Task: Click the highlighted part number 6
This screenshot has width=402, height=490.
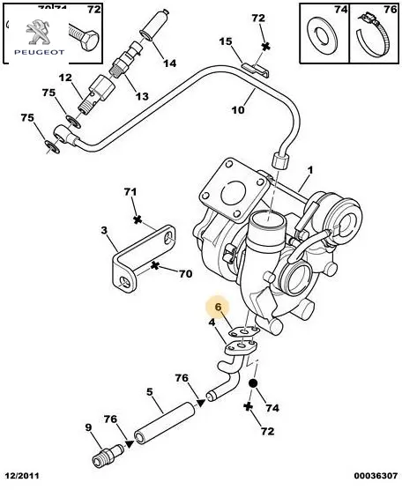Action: [x=218, y=307]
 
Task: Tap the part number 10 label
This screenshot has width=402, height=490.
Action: [x=238, y=110]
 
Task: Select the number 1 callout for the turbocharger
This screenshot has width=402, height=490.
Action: [x=310, y=170]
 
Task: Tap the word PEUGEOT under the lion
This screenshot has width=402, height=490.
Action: [x=40, y=52]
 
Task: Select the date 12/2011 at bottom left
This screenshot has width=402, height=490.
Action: [x=19, y=476]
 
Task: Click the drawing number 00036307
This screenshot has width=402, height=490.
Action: [x=376, y=476]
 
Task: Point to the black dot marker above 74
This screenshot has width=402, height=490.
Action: [x=253, y=383]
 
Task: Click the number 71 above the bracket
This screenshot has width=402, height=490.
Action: [x=130, y=191]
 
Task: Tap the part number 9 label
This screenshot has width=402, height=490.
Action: [x=88, y=427]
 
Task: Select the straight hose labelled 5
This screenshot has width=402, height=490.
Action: [x=165, y=424]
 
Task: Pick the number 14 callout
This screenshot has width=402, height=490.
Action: [x=170, y=63]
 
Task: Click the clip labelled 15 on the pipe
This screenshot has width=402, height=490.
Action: [x=256, y=70]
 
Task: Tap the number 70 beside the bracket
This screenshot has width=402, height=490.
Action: [x=185, y=274]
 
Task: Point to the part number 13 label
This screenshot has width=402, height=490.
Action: [x=142, y=96]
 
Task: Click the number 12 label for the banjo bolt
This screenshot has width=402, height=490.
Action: [x=65, y=78]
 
